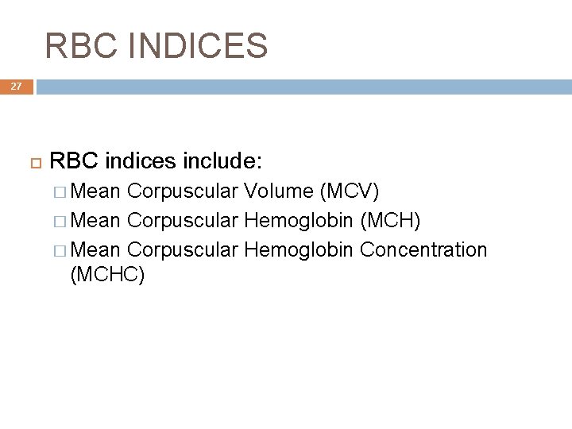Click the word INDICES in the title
coord(200,46)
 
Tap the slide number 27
coord(17,87)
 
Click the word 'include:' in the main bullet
coord(223,162)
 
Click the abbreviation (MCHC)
coord(107,275)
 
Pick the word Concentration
coord(423,249)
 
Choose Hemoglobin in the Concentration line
coord(299,249)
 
